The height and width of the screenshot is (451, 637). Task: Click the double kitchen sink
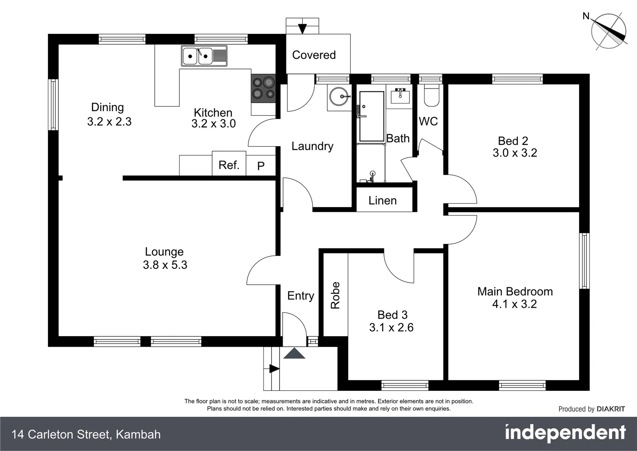(x=204, y=56)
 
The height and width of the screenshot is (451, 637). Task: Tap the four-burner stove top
(x=263, y=88)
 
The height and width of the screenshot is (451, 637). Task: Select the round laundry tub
(x=339, y=96)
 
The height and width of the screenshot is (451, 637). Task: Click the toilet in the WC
(x=431, y=96)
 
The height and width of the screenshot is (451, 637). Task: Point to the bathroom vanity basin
(x=400, y=96)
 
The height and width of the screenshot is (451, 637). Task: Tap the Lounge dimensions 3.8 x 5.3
(x=165, y=265)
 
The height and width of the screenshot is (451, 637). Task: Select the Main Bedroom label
(x=515, y=291)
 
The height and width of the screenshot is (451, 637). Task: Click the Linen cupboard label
(x=382, y=200)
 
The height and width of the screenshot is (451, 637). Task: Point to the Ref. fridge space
(x=229, y=165)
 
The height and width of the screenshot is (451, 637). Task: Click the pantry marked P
(x=261, y=166)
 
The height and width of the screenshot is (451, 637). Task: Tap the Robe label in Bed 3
(x=336, y=295)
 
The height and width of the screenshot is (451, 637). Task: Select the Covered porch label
(x=314, y=55)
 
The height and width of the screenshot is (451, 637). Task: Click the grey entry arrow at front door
(x=294, y=353)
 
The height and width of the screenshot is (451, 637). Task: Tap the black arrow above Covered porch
(x=302, y=29)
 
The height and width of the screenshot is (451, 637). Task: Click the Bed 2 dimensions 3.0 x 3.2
(x=515, y=153)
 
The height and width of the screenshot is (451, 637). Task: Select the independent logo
(x=565, y=433)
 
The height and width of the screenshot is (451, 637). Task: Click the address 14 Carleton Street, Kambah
(x=86, y=434)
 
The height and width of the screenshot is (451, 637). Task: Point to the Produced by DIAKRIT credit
(x=592, y=409)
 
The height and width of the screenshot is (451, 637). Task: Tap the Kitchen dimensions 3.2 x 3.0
(x=213, y=124)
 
